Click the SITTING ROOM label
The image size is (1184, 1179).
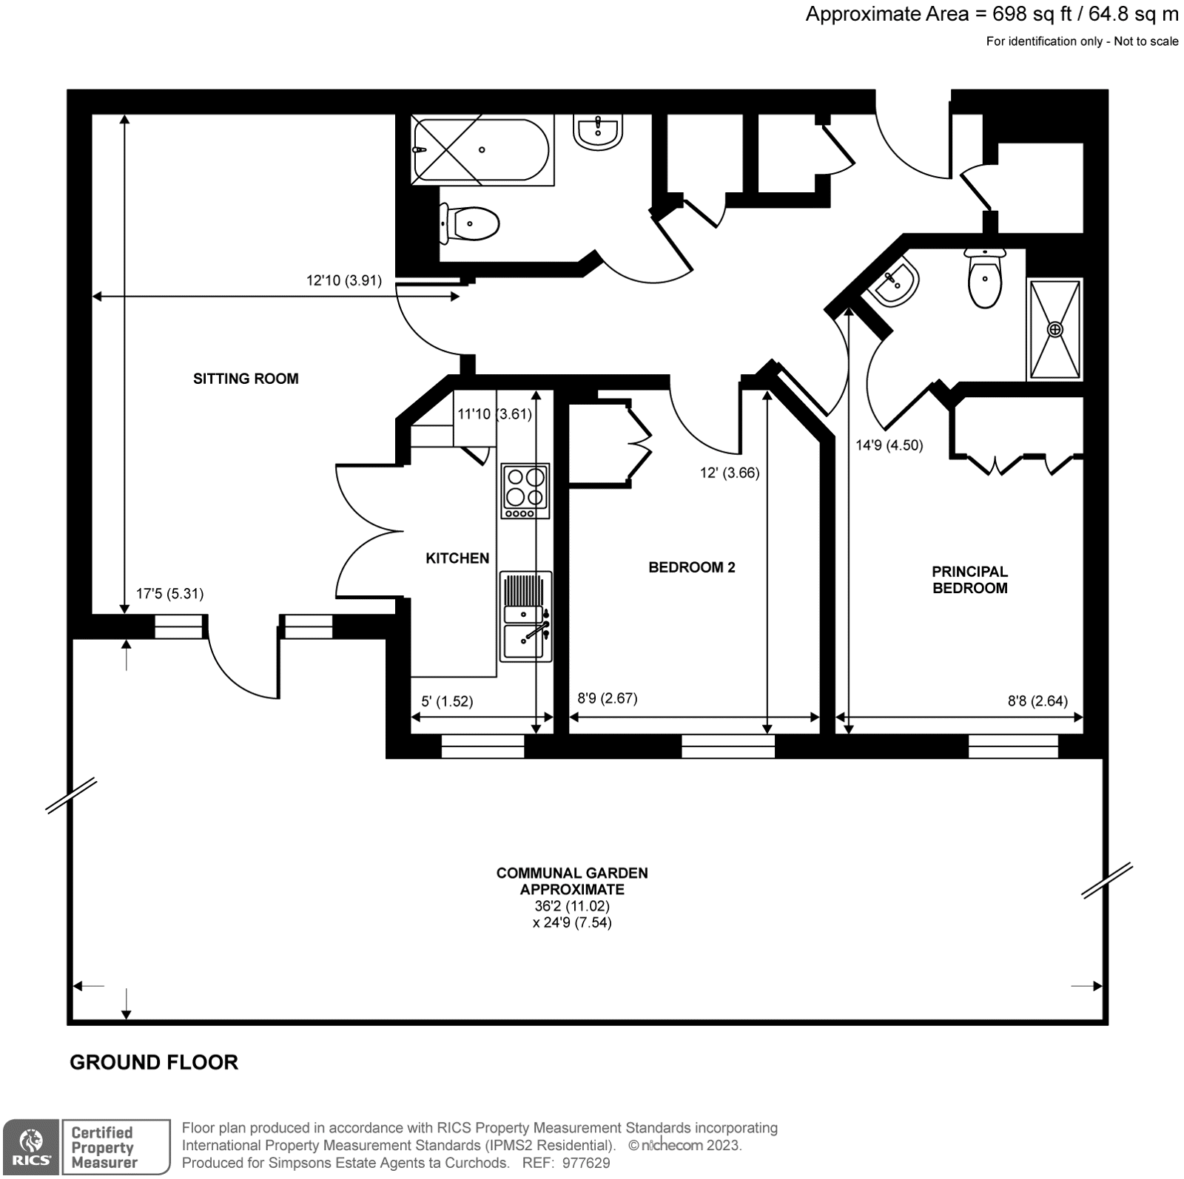coord(246,379)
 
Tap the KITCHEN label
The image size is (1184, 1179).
coord(457,558)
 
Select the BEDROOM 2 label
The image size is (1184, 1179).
coord(692,567)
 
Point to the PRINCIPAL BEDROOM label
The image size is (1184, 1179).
coord(969,580)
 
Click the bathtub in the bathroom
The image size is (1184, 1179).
coord(482,150)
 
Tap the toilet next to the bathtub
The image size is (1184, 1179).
coord(469,223)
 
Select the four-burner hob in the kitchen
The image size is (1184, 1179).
coord(525,490)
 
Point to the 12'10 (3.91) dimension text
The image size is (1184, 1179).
coord(344,280)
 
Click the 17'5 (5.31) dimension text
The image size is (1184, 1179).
coord(169,593)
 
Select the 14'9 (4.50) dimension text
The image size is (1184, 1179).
coord(889,445)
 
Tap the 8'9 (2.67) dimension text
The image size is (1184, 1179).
coord(607,697)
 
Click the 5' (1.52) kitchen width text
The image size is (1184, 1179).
coord(447,701)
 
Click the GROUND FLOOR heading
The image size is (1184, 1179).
coord(154,1062)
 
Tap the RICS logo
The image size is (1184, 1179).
coord(30,1147)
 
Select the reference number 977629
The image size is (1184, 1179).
coord(585,1163)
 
